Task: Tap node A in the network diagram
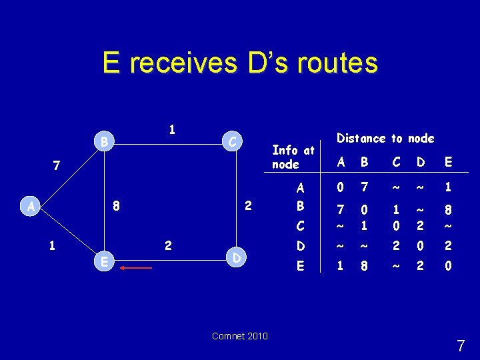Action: pos(31,207)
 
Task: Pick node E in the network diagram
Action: pos(103,262)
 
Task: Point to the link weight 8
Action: pos(116,206)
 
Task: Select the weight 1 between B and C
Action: pos(172,129)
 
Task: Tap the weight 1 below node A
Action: pos(52,245)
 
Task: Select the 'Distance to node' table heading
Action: pos(385,139)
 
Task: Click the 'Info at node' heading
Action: pos(293,157)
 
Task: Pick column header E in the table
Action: pos(447,161)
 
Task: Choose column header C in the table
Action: pos(397,161)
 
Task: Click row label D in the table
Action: pos(301,247)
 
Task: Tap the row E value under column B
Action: pos(365,265)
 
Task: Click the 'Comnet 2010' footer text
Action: pos(240,336)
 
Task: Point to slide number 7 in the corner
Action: pos(461,346)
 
